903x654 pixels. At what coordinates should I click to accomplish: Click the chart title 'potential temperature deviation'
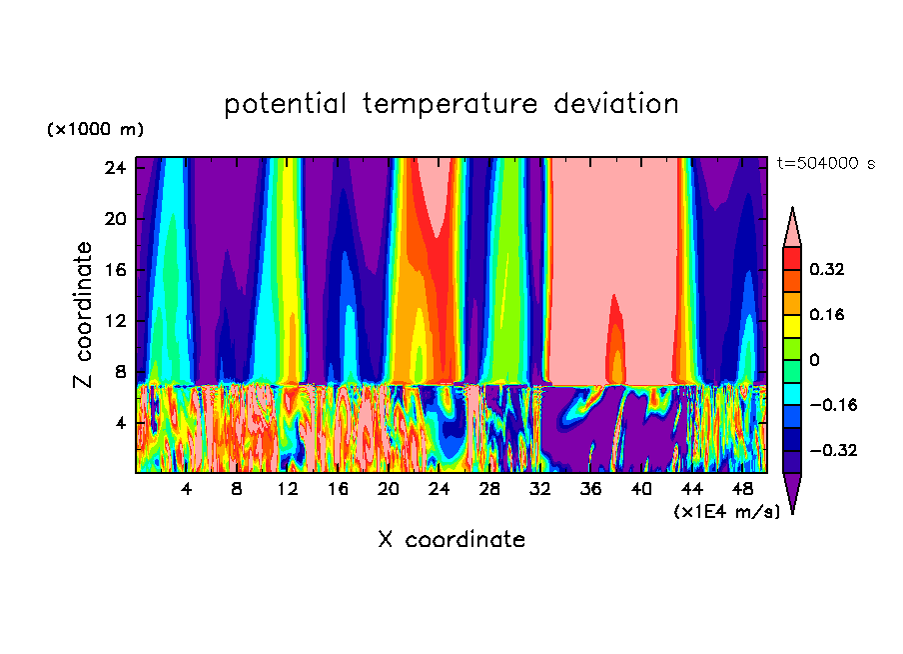point(451,104)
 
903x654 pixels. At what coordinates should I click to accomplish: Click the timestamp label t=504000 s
point(825,163)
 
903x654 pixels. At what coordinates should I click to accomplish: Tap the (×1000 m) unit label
point(95,130)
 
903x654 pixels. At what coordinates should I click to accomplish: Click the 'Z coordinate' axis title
point(84,314)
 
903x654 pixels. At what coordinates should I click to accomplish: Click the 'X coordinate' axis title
point(451,540)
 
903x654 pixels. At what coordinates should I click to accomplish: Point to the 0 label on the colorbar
point(813,360)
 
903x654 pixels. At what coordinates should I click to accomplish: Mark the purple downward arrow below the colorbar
point(792,493)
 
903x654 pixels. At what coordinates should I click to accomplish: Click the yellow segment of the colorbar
point(792,326)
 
